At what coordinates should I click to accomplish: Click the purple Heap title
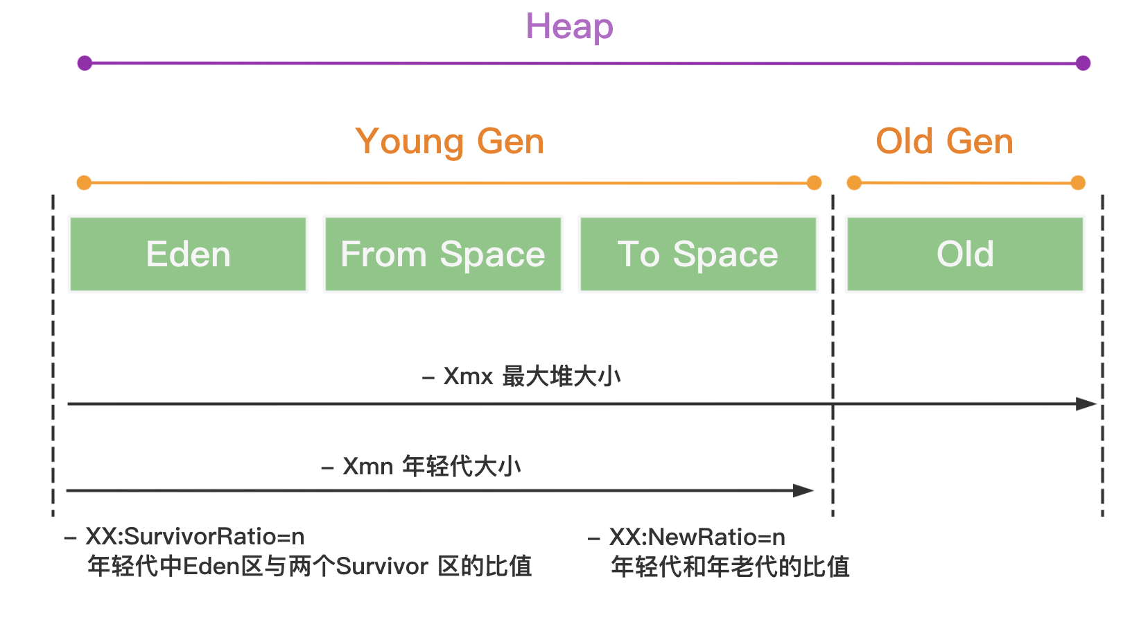click(x=569, y=27)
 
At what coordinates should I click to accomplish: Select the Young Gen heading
click(x=449, y=141)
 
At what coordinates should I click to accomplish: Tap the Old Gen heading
click(x=944, y=141)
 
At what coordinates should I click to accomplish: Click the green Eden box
click(x=188, y=254)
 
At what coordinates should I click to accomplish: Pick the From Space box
click(x=443, y=254)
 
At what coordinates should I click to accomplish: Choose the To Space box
click(x=698, y=254)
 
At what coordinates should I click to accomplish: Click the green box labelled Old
click(x=965, y=254)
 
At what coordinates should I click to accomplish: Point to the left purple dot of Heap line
click(x=85, y=63)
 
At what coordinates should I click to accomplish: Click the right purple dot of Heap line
click(x=1083, y=63)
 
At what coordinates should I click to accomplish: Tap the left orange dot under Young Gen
click(x=84, y=183)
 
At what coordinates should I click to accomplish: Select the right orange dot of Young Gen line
click(x=814, y=183)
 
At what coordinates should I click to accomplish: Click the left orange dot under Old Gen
click(x=854, y=183)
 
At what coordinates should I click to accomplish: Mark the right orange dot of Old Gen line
click(x=1077, y=183)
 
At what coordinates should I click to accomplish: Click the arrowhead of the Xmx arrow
click(x=1086, y=404)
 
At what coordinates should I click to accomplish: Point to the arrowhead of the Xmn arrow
click(x=803, y=490)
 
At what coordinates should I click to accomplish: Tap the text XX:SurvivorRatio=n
click(x=195, y=537)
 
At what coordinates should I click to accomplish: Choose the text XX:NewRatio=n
click(x=697, y=537)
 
